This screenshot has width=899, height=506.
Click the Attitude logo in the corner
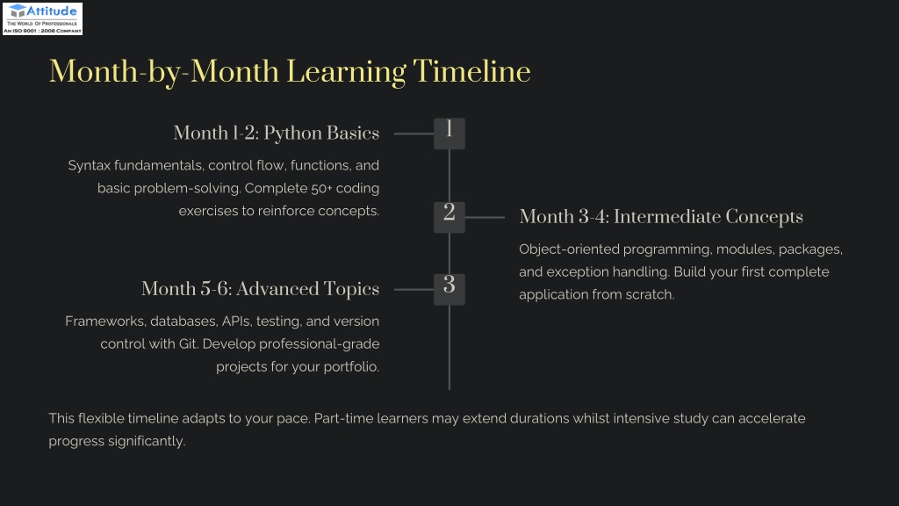click(42, 19)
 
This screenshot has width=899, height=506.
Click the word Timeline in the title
click(471, 72)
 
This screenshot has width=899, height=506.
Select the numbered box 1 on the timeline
click(449, 134)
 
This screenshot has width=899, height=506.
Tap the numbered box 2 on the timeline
click(449, 218)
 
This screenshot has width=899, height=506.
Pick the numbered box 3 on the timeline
click(449, 289)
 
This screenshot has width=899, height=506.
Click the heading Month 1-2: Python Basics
click(277, 134)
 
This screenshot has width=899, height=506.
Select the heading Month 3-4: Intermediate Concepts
click(661, 217)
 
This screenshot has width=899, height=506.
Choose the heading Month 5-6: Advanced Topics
click(260, 288)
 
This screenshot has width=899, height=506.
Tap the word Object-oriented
click(569, 249)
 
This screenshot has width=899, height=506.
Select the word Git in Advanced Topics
click(188, 343)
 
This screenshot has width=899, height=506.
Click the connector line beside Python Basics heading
click(414, 134)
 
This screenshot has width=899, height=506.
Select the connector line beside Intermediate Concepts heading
click(485, 218)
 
